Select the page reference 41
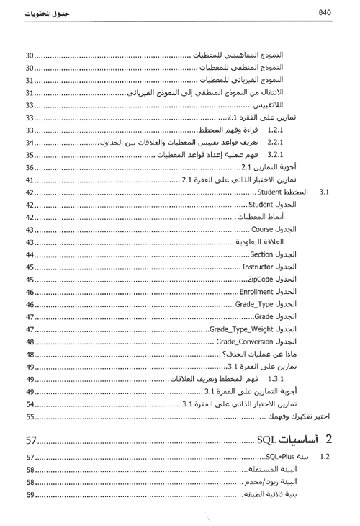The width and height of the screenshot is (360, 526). click(30, 179)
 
